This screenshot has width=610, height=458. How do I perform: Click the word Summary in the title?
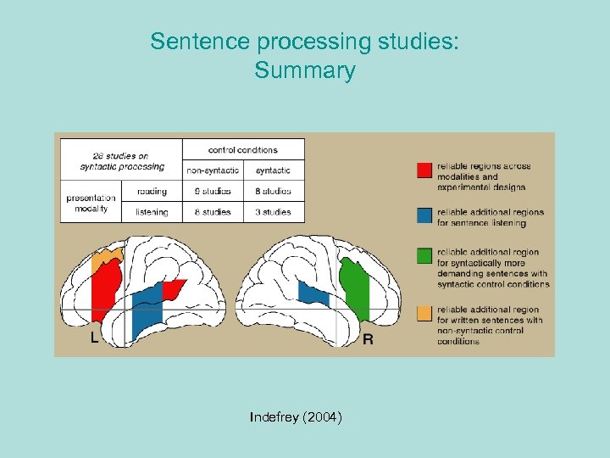coord(304,70)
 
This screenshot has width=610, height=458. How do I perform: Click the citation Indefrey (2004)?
coord(296,417)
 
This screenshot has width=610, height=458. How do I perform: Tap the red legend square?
coord(425,170)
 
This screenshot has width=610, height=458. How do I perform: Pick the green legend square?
coord(425,254)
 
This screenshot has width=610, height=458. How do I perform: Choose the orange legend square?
coord(425,314)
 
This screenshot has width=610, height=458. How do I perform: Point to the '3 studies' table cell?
coord(273,212)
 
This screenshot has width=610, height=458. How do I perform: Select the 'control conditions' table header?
coord(242,150)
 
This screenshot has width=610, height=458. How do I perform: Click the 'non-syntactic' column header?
coord(213,170)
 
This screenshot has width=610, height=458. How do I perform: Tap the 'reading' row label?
coord(152,192)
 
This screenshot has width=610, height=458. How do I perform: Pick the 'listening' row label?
coord(152,212)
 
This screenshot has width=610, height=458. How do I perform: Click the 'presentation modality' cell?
coord(91,203)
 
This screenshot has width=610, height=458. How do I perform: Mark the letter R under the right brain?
coord(368,339)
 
